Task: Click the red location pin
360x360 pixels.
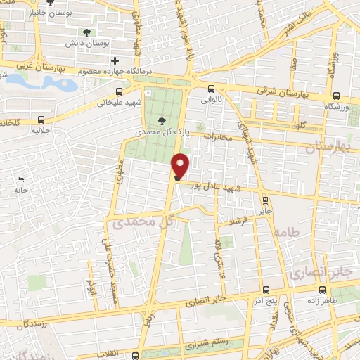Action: tap(181, 165)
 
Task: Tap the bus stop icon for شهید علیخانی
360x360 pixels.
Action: tap(119, 91)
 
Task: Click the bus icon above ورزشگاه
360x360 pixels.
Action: tap(337, 96)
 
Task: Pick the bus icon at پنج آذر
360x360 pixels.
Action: tap(265, 290)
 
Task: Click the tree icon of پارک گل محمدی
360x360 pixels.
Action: tap(163, 120)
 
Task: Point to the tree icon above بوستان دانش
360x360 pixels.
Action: tap(87, 32)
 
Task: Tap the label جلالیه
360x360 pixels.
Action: tap(41, 131)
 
